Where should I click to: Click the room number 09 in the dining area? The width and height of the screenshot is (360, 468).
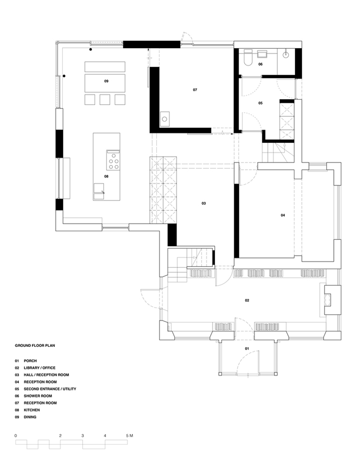106,81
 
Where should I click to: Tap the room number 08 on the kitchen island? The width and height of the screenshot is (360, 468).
106,176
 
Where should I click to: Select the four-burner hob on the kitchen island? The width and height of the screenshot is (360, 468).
113,160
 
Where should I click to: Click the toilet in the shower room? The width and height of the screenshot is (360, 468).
248,58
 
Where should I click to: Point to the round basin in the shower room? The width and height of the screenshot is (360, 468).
286,54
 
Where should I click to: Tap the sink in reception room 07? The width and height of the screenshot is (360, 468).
165,119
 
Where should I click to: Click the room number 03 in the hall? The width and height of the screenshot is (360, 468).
204,203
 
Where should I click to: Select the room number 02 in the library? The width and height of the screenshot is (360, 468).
247,300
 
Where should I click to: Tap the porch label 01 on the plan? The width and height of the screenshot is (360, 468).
247,349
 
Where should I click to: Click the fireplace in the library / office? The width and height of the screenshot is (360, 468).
333,300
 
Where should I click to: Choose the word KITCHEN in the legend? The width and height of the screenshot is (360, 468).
32,410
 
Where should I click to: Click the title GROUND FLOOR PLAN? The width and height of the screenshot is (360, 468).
35,346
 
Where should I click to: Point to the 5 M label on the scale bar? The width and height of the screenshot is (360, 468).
130,436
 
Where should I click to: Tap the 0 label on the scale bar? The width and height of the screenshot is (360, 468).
16,436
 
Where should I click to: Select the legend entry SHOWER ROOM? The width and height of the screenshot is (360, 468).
38,396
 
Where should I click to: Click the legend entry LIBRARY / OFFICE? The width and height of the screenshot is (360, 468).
40,368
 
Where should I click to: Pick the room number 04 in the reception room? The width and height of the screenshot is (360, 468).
283,215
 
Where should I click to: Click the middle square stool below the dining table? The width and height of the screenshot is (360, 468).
105,99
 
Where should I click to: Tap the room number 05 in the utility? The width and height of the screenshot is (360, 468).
261,103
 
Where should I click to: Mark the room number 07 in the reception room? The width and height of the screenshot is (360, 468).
195,90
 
